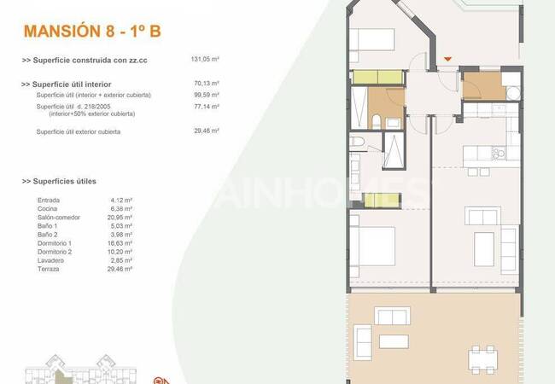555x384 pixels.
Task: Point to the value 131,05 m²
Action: [205, 60]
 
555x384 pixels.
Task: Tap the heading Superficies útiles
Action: [59, 182]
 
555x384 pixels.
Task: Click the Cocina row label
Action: [49, 209]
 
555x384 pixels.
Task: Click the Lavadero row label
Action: [51, 260]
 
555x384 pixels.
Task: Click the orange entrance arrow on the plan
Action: [448, 59]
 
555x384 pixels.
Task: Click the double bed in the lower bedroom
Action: [373, 247]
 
